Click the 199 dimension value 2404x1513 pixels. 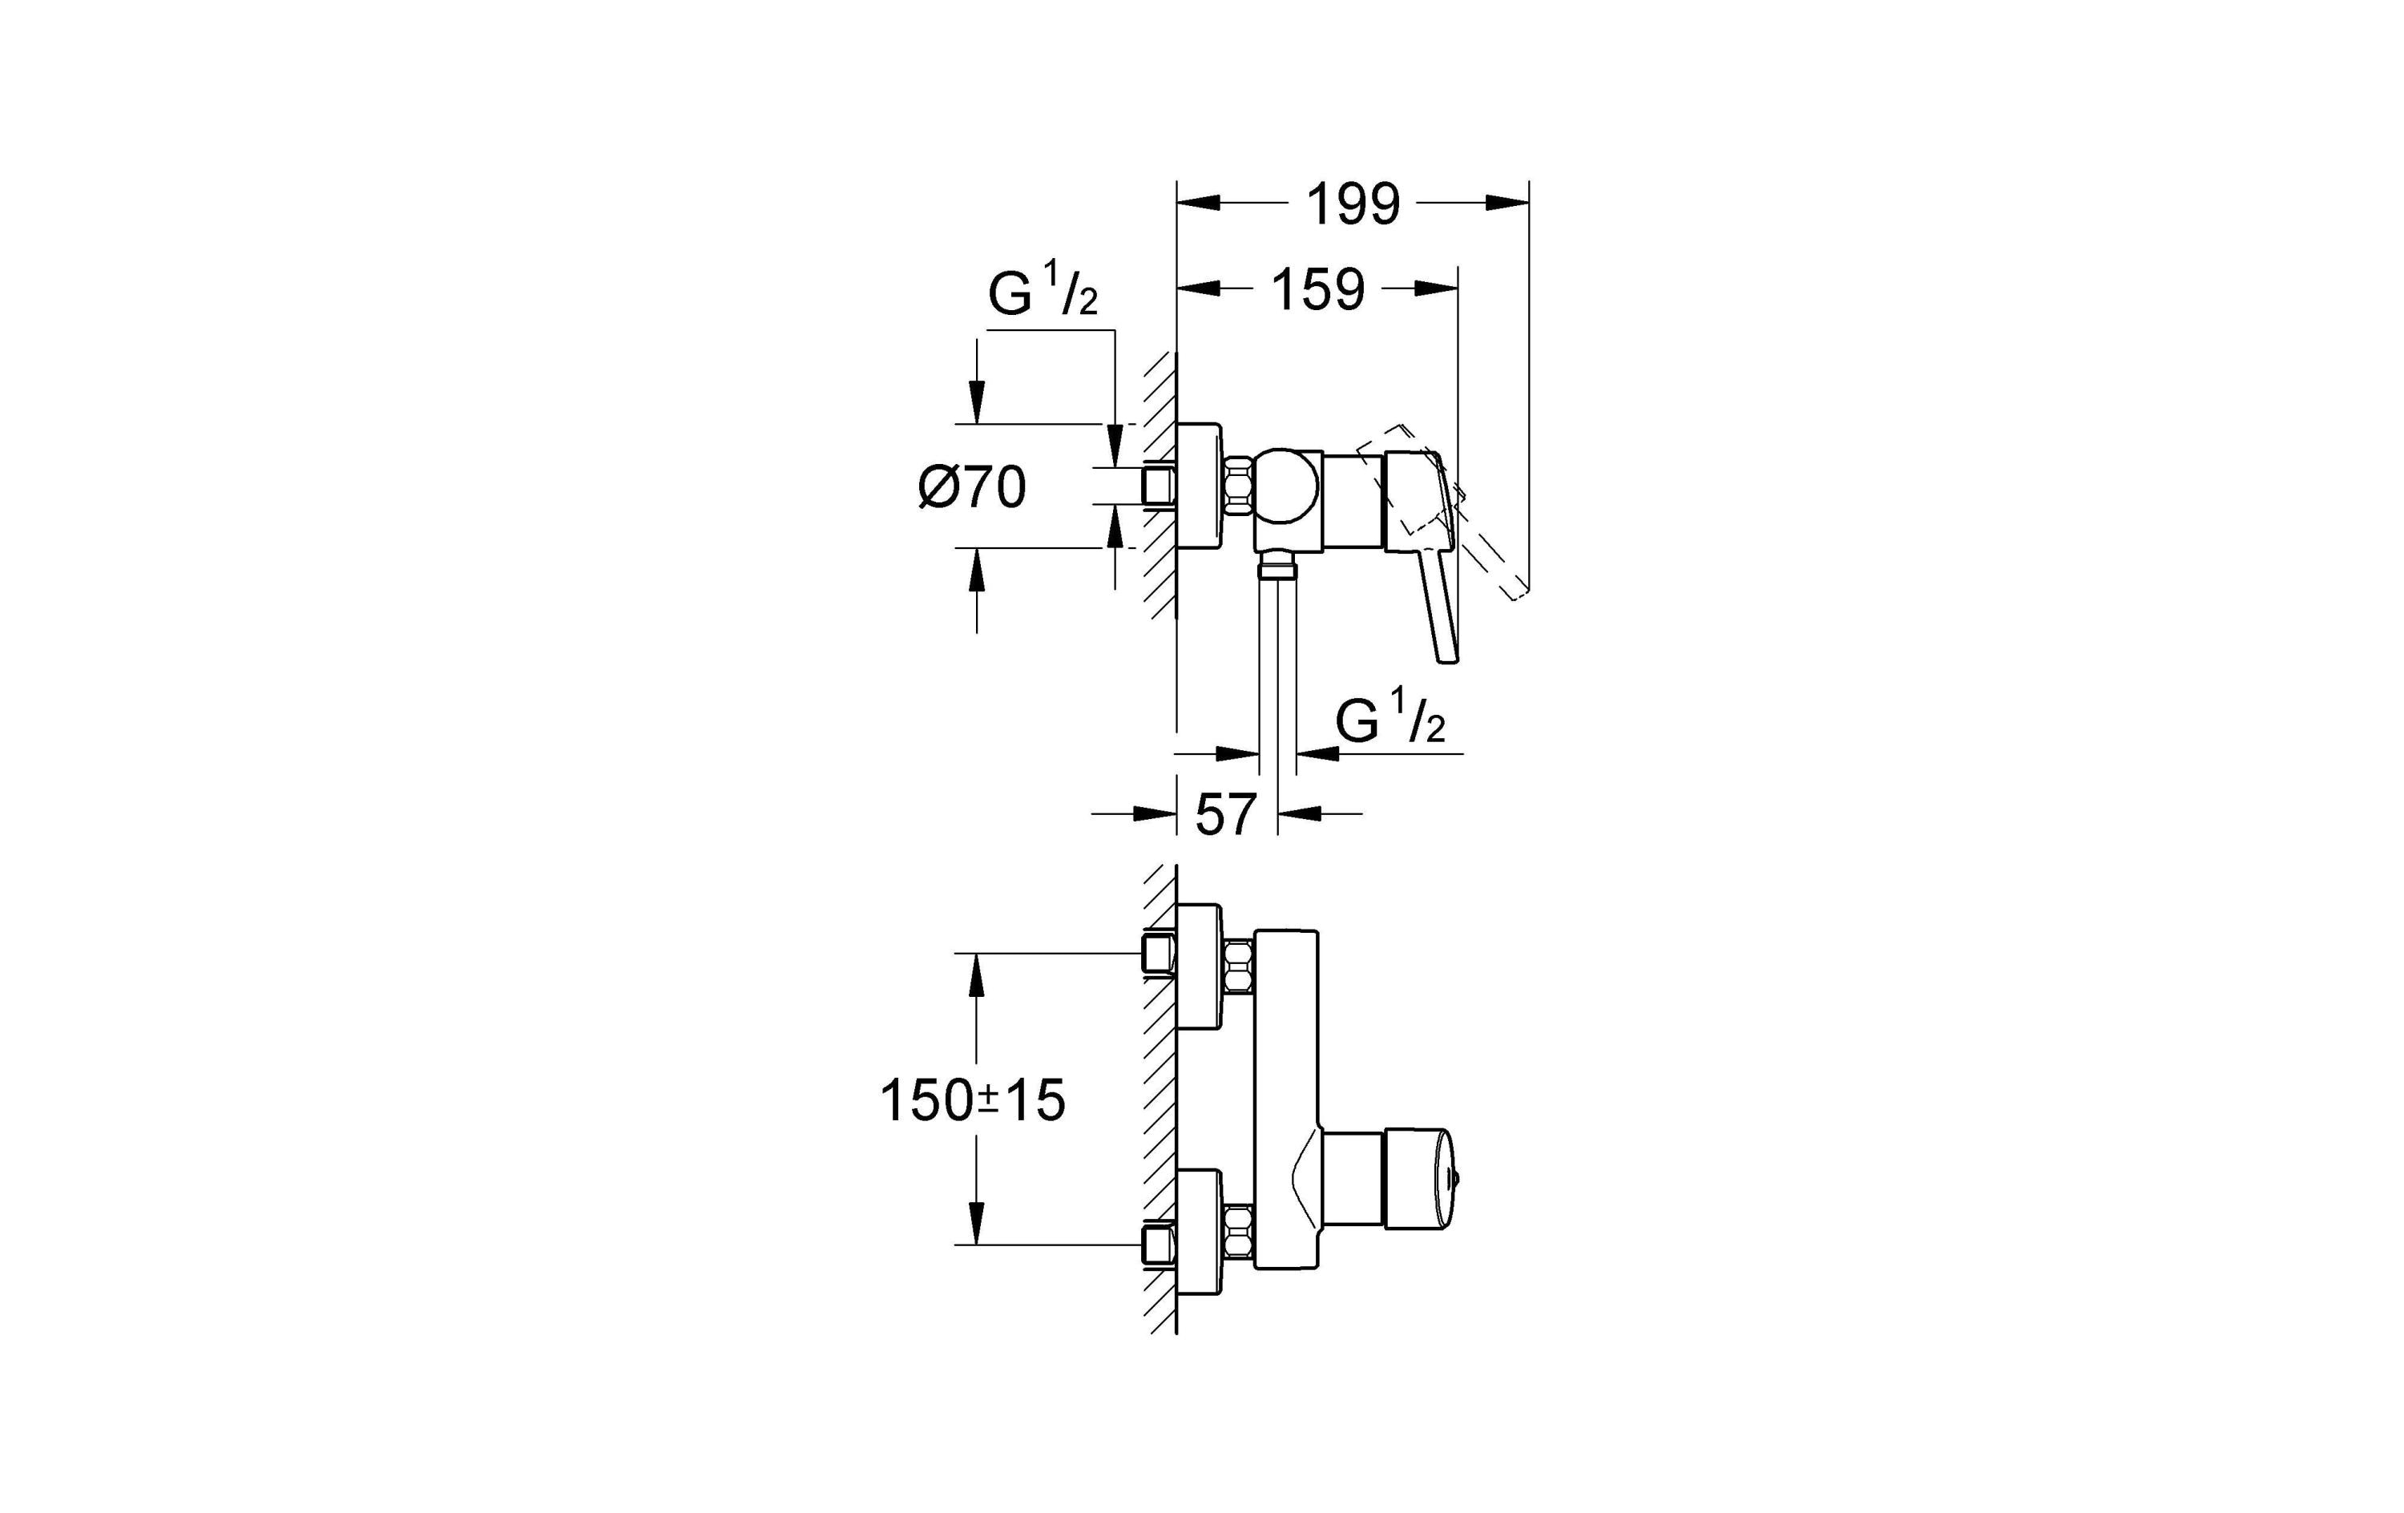1353,204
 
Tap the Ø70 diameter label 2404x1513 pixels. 972,488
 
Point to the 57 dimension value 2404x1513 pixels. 1225,815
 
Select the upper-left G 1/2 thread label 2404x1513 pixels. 1043,292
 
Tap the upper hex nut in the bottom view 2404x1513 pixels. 1238,966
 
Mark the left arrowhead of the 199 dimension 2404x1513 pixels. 1198,204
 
